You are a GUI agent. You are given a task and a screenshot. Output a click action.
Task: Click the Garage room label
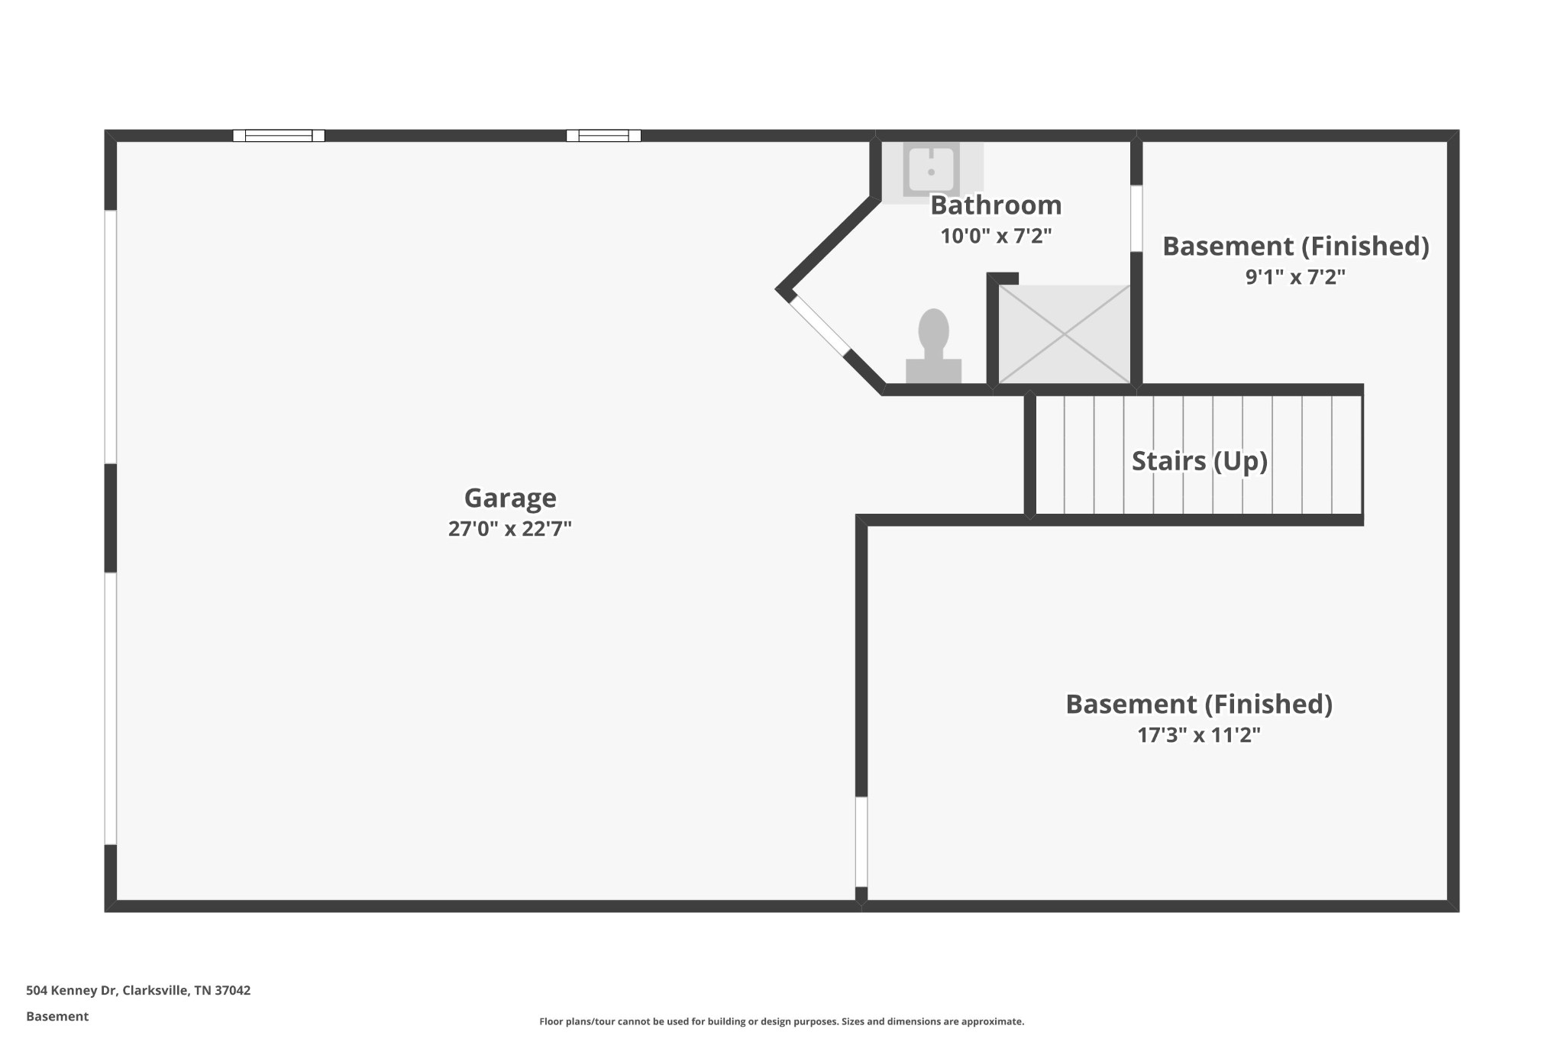coord(510,498)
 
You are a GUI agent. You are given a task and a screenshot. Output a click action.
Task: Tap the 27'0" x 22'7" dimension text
coord(510,528)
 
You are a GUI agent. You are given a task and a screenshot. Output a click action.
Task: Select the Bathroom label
coord(996,205)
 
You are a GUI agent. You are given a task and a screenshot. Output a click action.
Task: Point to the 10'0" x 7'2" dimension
coord(996,236)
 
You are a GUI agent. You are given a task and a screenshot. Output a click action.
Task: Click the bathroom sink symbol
coord(932,169)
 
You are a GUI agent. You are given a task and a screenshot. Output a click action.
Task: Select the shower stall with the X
coord(1064,334)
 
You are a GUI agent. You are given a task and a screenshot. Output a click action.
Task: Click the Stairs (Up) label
coord(1200,461)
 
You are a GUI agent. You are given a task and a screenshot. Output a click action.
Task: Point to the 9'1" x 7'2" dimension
coord(1295,276)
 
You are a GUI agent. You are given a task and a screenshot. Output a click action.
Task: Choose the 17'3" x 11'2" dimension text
coord(1199,735)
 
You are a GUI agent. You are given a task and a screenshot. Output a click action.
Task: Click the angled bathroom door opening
coord(819,326)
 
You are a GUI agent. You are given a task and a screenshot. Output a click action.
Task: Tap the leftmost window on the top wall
coord(279,136)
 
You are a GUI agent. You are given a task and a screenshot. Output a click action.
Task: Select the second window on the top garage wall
coord(603,136)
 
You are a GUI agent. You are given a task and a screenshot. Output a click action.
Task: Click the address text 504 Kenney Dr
coord(71,990)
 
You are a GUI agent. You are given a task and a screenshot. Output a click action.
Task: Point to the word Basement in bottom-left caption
coord(57,1016)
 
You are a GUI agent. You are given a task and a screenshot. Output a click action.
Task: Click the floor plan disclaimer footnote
coord(782,1021)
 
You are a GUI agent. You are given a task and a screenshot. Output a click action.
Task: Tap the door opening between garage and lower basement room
coord(861,842)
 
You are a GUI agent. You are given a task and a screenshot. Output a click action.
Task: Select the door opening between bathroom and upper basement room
coord(1136,218)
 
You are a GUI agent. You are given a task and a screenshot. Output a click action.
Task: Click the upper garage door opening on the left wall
coord(111,337)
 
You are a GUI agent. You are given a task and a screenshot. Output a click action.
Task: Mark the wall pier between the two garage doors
coord(111,518)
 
